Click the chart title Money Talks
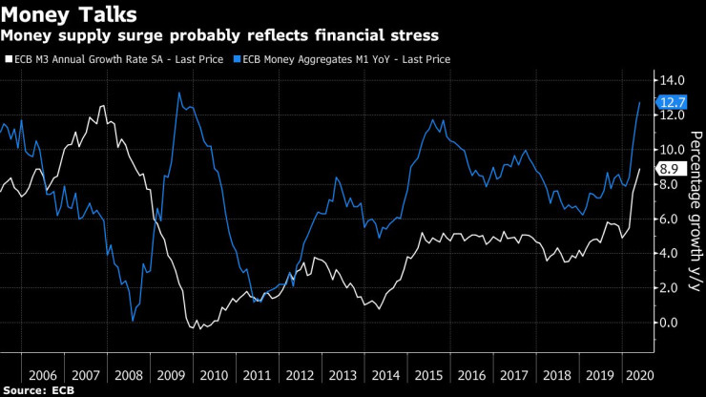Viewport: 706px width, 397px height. (x=69, y=15)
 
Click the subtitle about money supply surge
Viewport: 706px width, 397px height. (x=219, y=36)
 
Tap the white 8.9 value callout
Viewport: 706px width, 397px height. (x=670, y=168)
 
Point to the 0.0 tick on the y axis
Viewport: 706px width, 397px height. (x=670, y=322)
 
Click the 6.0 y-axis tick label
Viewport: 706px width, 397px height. (x=670, y=219)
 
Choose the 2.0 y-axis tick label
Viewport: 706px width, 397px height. (x=670, y=287)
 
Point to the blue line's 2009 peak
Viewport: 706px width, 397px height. (x=179, y=93)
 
